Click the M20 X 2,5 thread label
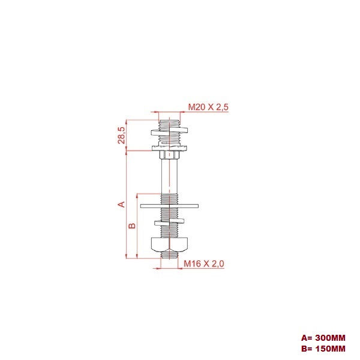[x=209, y=107]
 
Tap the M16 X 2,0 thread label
[x=205, y=263]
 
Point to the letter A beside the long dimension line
[x=121, y=204]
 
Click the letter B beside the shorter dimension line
[x=133, y=226]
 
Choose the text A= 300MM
[x=323, y=338]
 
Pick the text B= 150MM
[x=323, y=348]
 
